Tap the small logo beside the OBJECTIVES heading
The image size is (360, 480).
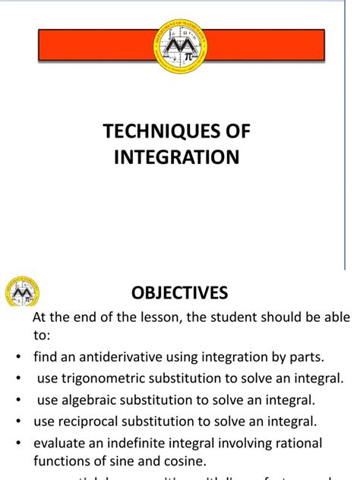click(x=23, y=292)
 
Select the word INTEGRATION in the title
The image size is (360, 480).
click(x=176, y=157)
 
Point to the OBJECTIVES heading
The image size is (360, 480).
click(x=180, y=292)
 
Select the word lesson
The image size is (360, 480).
click(x=139, y=317)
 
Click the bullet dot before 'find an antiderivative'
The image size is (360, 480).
click(x=17, y=356)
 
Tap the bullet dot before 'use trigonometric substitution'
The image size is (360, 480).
click(x=17, y=377)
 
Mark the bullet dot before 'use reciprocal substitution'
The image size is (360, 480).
click(x=17, y=420)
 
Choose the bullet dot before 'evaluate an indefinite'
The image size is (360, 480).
click(x=17, y=443)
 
